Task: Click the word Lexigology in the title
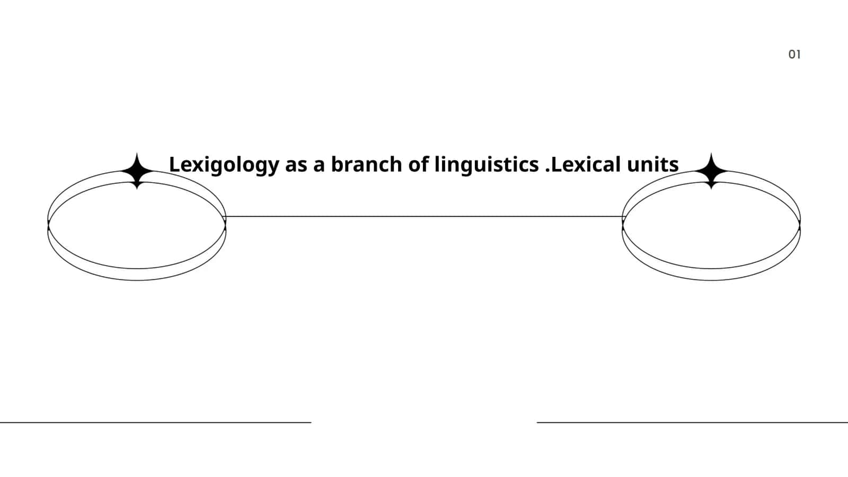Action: click(224, 165)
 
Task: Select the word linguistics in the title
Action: click(487, 165)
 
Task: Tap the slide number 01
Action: click(794, 55)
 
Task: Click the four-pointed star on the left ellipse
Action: click(137, 171)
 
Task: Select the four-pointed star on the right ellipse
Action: click(711, 171)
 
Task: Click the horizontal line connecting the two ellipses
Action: click(424, 217)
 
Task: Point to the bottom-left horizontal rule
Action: click(156, 422)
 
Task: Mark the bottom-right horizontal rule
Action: click(692, 422)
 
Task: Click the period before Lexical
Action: click(547, 171)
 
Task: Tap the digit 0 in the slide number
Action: click(792, 55)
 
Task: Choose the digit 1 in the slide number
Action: click(798, 55)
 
